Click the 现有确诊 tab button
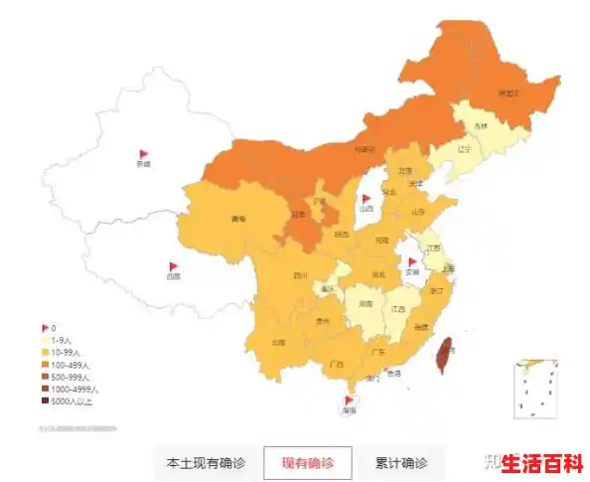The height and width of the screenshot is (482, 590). click(307, 463)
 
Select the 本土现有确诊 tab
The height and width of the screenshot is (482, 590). click(207, 463)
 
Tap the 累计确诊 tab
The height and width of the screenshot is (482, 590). click(400, 463)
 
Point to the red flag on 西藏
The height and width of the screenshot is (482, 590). click(173, 267)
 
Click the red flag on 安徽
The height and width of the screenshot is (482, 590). click(412, 262)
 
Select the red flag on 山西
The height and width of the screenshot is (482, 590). click(367, 200)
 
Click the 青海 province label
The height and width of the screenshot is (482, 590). click(237, 219)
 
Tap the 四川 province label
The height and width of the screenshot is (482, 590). click(300, 275)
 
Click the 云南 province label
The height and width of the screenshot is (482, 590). click(278, 342)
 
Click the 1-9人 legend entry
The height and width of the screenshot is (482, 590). click(62, 340)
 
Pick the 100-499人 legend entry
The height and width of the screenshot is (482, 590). click(70, 365)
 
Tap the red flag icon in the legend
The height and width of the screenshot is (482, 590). click(45, 328)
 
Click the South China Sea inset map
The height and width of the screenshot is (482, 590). click(535, 389)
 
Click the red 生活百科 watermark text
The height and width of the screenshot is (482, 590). click(541, 463)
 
